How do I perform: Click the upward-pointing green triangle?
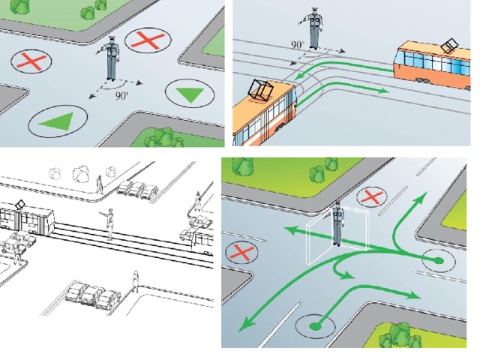(59, 121)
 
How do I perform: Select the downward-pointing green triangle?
(190, 94)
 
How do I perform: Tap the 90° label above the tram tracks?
(297, 45)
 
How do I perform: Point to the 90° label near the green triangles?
(121, 96)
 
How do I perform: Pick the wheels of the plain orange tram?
(422, 80)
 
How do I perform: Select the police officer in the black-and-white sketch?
(109, 223)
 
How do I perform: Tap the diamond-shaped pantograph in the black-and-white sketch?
(20, 205)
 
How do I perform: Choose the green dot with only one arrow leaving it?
(315, 326)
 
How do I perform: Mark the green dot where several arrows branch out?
(439, 261)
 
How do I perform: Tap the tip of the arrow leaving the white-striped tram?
(389, 91)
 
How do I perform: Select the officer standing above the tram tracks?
(313, 28)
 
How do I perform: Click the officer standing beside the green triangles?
(110, 58)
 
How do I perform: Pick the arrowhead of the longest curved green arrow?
(245, 325)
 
